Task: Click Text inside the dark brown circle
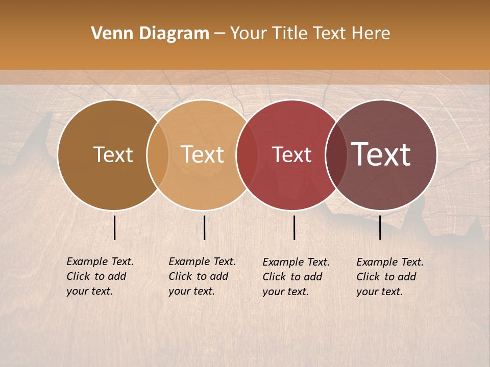point(113,154)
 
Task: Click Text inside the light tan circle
point(202,154)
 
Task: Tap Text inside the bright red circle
point(291,154)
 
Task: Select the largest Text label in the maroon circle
point(381,154)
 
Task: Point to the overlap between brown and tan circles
point(158,155)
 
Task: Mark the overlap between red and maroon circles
point(336,155)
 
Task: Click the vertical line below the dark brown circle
point(115,227)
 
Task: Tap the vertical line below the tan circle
point(204,227)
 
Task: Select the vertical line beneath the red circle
point(295,227)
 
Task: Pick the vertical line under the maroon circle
point(380,227)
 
